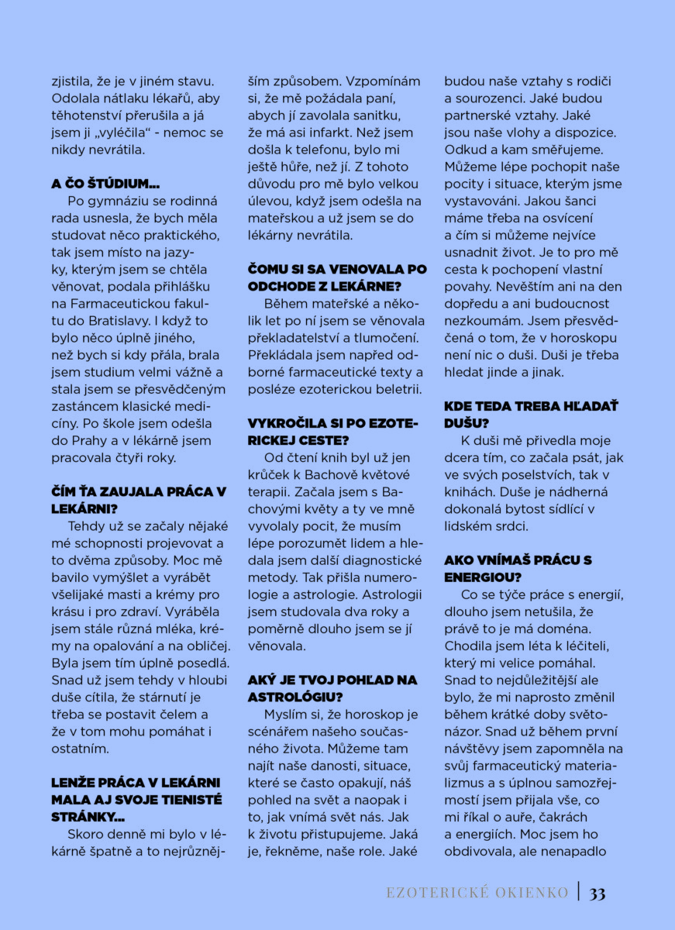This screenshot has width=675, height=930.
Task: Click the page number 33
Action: pyautogui.click(x=598, y=893)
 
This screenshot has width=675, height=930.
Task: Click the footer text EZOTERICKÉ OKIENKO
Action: pyautogui.click(x=477, y=893)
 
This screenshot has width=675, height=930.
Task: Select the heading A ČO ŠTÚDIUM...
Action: pyautogui.click(x=105, y=184)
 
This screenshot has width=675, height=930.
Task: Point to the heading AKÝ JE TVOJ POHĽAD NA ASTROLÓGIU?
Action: pyautogui.click(x=332, y=687)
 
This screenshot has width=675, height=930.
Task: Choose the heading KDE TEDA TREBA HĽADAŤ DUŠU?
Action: pyautogui.click(x=531, y=414)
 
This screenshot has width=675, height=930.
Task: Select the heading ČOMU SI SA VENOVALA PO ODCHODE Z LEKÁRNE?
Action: pyautogui.click(x=337, y=277)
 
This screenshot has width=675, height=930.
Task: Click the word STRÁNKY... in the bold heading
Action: pyautogui.click(x=90, y=817)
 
